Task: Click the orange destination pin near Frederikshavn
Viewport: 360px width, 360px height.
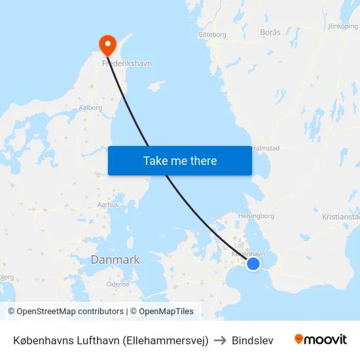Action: tap(107, 44)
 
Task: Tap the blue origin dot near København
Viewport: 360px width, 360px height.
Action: tap(253, 263)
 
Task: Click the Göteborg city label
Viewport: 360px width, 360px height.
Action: tap(211, 35)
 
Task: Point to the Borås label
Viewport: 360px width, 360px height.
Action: tap(270, 32)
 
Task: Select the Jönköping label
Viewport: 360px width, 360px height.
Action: tap(342, 27)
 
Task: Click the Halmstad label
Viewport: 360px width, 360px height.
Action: tap(266, 149)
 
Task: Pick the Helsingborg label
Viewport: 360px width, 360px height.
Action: tap(256, 215)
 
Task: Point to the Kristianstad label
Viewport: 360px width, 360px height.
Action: tap(341, 217)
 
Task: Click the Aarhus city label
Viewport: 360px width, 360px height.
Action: tap(107, 205)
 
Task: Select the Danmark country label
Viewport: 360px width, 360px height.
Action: tap(115, 260)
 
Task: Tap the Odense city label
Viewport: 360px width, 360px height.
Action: tap(118, 285)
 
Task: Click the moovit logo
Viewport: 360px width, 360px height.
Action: tap(320, 340)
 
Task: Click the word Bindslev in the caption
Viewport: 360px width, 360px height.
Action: tap(253, 340)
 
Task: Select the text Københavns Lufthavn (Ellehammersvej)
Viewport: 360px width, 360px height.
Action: tap(111, 340)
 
